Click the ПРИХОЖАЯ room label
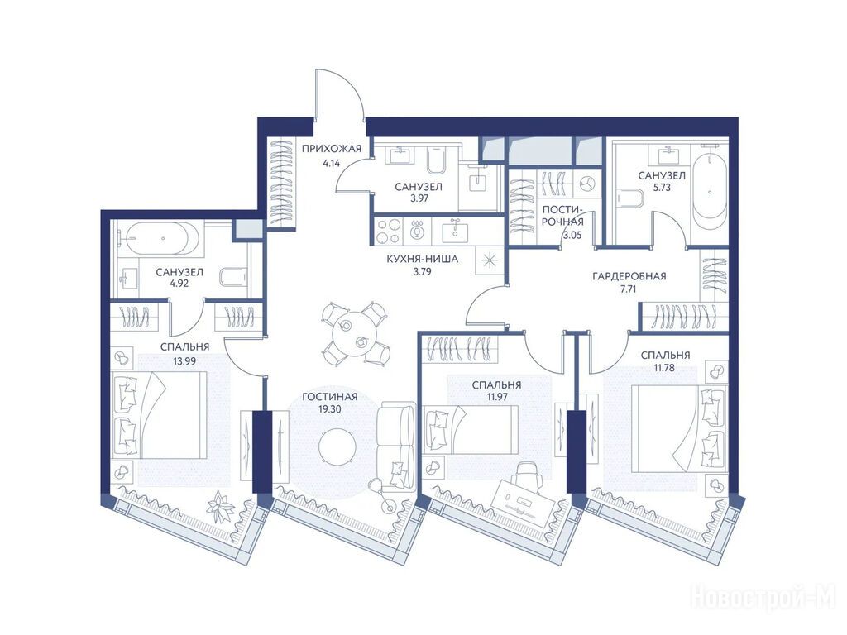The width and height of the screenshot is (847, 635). tap(331, 149)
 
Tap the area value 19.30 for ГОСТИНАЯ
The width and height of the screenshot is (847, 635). tap(329, 409)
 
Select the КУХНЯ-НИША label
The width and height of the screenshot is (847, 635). tap(423, 259)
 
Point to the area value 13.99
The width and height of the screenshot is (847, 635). tap(184, 361)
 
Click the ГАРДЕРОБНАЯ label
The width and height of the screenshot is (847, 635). tap(629, 276)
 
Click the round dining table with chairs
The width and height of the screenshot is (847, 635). tap(355, 334)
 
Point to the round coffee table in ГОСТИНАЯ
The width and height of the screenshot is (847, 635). tap(337, 446)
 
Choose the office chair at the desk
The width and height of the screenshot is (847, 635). tap(526, 475)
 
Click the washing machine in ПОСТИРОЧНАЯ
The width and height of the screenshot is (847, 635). tap(586, 184)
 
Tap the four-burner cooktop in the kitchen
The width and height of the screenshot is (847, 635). tap(388, 232)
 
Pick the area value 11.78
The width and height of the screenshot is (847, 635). tap(665, 369)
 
